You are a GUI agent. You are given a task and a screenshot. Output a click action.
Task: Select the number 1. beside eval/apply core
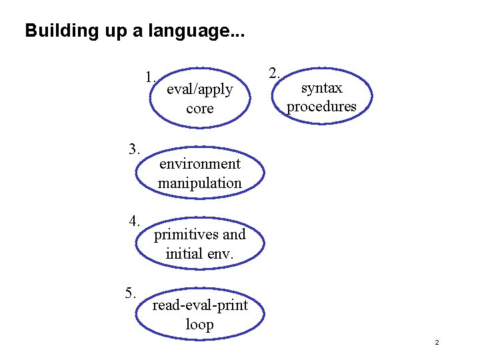[x=151, y=75]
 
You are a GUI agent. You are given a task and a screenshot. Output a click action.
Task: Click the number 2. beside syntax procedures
[x=274, y=73]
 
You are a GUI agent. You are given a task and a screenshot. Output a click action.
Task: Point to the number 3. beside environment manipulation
[x=135, y=148]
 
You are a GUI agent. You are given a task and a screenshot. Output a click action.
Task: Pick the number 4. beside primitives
[x=135, y=221]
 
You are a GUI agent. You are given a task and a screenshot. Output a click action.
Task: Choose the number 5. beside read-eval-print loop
[x=131, y=293]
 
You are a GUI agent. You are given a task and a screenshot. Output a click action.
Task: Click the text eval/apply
[x=199, y=89]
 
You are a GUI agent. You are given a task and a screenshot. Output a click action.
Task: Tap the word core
[x=200, y=108]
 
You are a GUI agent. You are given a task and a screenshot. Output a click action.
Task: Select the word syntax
[x=321, y=88]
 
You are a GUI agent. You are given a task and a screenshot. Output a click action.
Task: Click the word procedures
[x=321, y=107]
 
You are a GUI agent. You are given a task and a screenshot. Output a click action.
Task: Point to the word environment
[x=200, y=163]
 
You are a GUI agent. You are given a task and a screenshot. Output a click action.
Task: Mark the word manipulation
[x=200, y=183]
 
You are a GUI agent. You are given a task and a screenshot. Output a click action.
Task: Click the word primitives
[x=187, y=235]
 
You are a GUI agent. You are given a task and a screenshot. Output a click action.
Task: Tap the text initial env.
[x=199, y=253]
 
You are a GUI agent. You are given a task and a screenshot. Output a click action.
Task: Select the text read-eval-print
[x=200, y=305]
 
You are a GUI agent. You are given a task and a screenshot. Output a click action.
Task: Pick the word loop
[x=200, y=325]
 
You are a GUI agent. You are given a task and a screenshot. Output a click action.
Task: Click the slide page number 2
[x=437, y=343]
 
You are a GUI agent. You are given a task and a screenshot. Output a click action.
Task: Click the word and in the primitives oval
[x=234, y=235]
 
